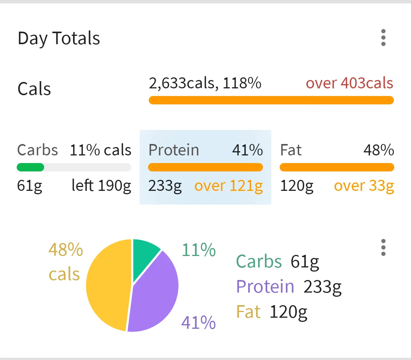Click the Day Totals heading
click(59, 38)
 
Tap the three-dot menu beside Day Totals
click(383, 38)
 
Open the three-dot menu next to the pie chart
click(383, 248)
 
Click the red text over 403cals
click(349, 83)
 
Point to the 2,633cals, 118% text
click(205, 83)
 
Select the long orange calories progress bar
click(271, 100)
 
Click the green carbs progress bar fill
click(30, 167)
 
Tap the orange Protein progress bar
click(205, 167)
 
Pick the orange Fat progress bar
click(337, 167)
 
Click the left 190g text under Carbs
click(101, 186)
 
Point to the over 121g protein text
click(228, 186)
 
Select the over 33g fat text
click(364, 186)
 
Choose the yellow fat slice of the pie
click(108, 286)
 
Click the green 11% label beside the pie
click(199, 250)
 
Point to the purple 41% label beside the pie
click(198, 323)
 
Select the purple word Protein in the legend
click(265, 286)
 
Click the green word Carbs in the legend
click(259, 261)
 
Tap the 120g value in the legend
click(288, 312)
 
